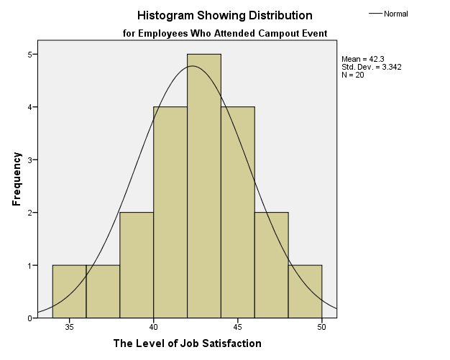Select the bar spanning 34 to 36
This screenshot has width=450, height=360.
69,291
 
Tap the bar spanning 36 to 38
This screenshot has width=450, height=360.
103,291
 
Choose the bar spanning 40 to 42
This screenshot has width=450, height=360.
170,212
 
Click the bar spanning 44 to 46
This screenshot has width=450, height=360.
238,212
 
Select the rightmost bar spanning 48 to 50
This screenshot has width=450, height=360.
306,291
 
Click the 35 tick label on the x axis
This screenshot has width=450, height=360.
69,327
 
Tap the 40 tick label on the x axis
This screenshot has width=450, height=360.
153,327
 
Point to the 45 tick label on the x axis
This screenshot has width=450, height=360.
238,327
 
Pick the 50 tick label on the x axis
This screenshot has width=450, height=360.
322,327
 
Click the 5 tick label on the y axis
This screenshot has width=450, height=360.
29,54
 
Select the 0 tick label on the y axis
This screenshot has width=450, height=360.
29,318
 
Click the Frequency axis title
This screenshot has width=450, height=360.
17,179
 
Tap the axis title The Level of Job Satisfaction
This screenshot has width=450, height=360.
188,343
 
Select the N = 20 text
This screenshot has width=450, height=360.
353,75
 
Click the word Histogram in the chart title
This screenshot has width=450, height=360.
165,15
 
